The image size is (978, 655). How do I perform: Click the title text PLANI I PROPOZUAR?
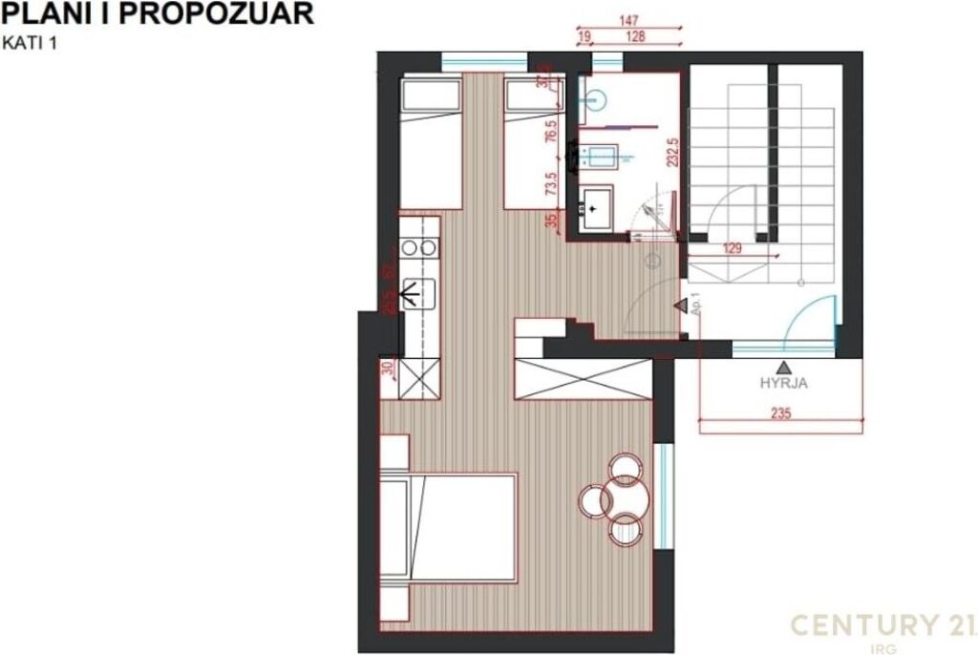159,14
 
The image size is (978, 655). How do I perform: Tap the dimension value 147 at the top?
627,20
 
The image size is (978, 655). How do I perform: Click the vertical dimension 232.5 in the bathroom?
672,153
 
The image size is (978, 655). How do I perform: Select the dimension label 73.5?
551,183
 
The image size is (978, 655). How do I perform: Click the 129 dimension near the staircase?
732,248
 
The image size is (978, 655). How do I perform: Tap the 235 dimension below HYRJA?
781,413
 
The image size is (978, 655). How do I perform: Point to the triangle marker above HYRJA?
783,367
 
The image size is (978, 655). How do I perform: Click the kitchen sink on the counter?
419,292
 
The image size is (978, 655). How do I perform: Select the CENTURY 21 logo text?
876,625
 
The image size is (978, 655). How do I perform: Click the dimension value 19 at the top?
585,36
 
